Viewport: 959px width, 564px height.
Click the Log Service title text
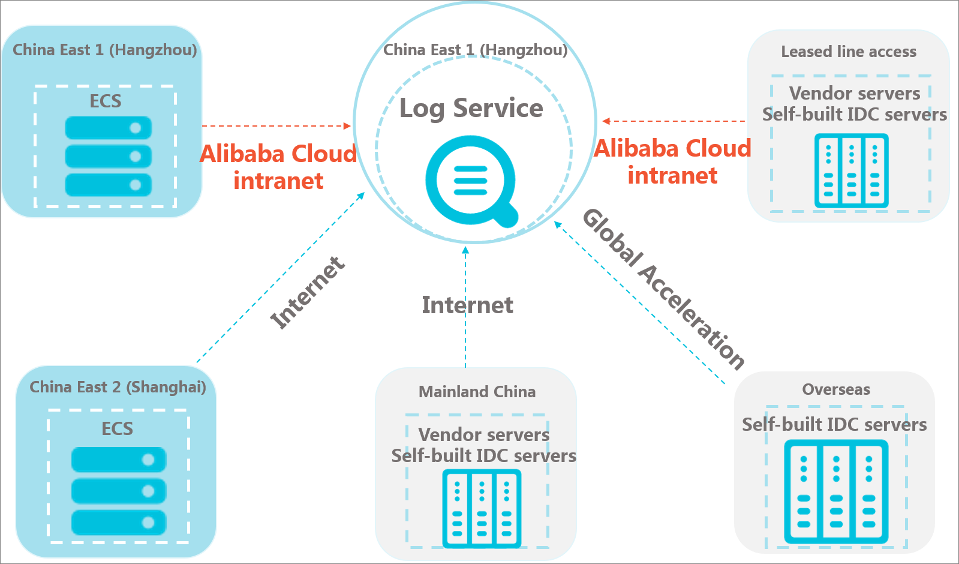(471, 108)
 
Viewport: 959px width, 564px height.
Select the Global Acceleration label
(663, 289)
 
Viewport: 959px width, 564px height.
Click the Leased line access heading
(849, 52)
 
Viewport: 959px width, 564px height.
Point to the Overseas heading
(835, 389)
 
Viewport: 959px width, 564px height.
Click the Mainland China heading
(477, 391)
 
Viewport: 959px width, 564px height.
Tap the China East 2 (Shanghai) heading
(118, 387)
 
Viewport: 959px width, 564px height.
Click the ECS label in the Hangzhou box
(106, 101)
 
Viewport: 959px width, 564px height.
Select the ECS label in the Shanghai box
(118, 428)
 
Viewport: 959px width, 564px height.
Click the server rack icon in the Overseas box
(836, 491)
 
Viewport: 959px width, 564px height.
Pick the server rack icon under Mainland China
(482, 509)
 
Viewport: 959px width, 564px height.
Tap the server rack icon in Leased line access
(851, 171)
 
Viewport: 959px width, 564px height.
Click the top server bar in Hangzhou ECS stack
(109, 128)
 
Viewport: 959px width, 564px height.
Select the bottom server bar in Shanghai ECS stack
(119, 523)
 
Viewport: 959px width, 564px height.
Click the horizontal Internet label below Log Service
(468, 305)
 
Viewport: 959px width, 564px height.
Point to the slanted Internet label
(308, 292)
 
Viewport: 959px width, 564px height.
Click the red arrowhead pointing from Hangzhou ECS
(347, 126)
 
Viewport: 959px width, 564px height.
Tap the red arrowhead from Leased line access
(606, 121)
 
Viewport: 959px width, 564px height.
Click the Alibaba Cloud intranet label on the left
(278, 167)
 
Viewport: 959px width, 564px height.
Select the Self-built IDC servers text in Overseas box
(834, 424)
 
